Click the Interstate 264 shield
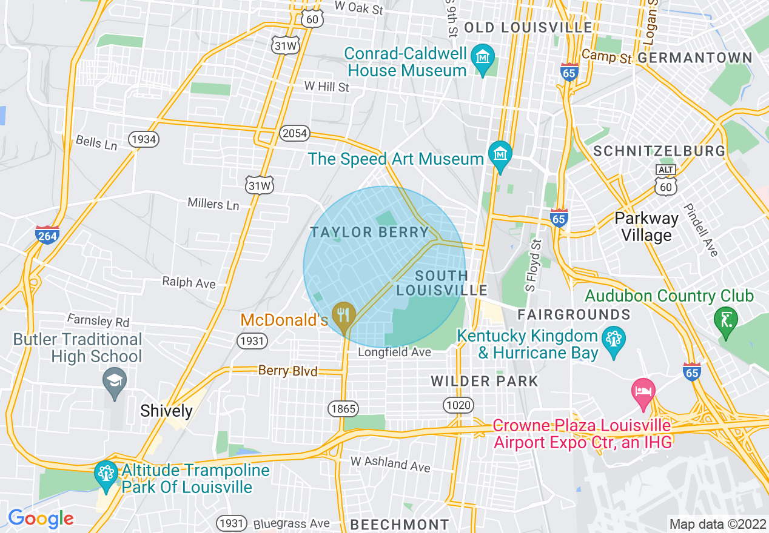click(x=47, y=234)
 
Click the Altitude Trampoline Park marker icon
click(x=106, y=474)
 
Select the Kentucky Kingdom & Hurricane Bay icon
click(x=614, y=340)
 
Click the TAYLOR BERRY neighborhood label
click(x=369, y=233)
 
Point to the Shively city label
click(x=166, y=411)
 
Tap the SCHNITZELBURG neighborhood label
click(x=659, y=151)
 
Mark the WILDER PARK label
click(x=485, y=381)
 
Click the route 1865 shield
click(x=343, y=409)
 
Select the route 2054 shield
click(x=294, y=133)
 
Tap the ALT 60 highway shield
click(x=665, y=180)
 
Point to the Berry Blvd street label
click(x=287, y=371)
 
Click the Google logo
click(x=41, y=518)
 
